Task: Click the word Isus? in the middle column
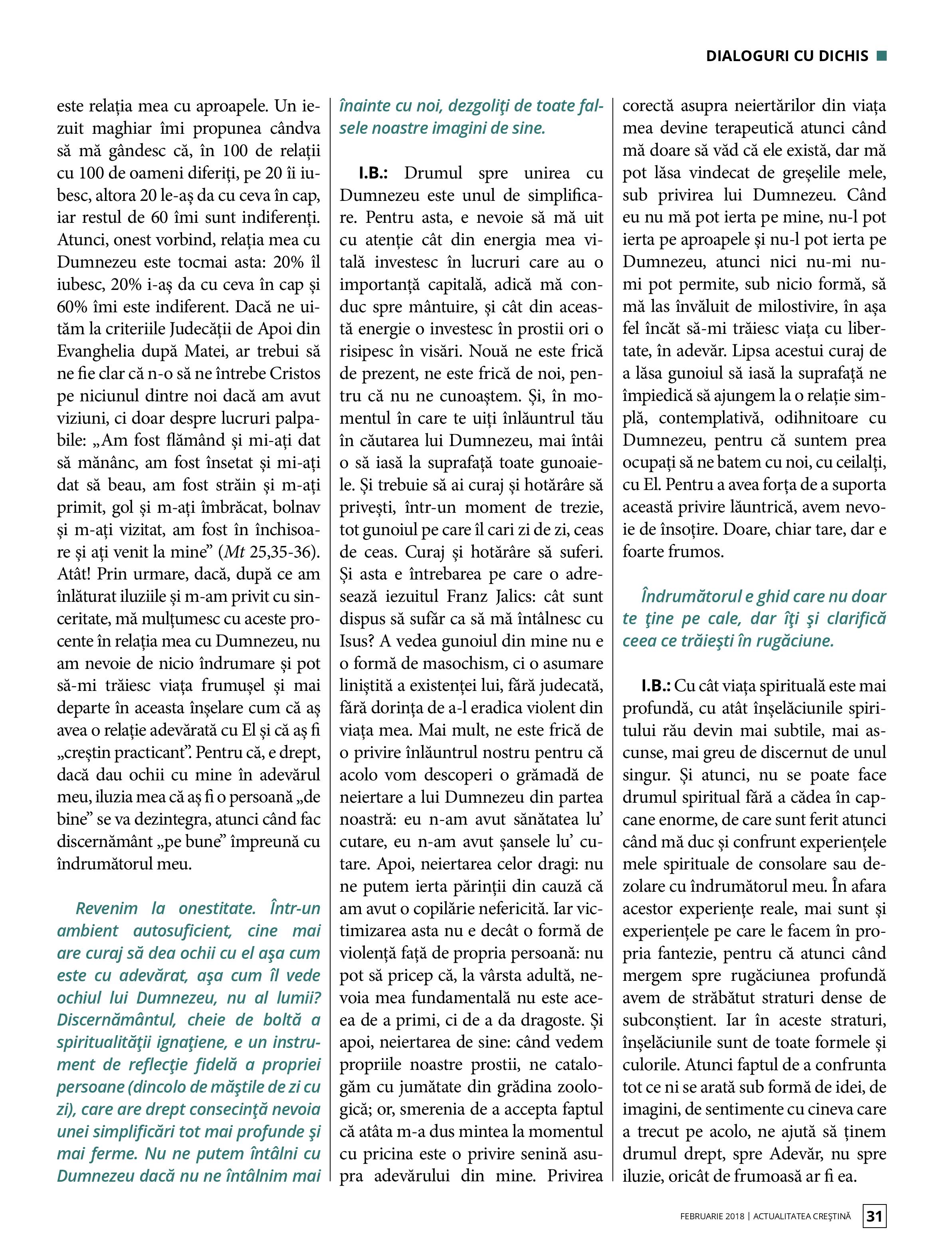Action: point(356,641)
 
